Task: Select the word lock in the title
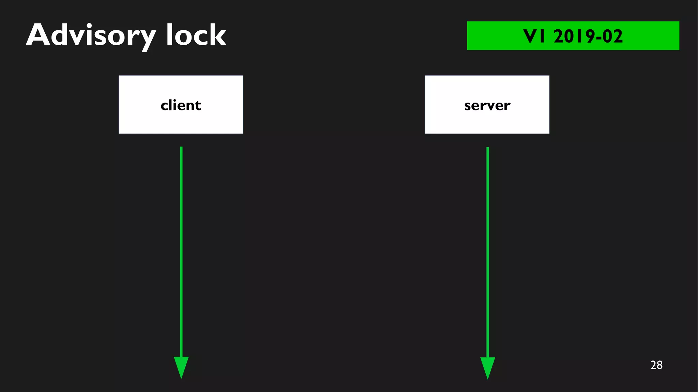coord(196,35)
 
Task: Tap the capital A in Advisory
coord(38,35)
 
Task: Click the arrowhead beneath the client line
coord(181,366)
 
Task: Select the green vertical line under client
coord(181,252)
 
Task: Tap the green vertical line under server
coord(488,252)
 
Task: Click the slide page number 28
coord(656,365)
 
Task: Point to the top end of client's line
coord(181,148)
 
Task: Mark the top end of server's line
coord(488,149)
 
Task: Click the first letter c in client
coord(165,106)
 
